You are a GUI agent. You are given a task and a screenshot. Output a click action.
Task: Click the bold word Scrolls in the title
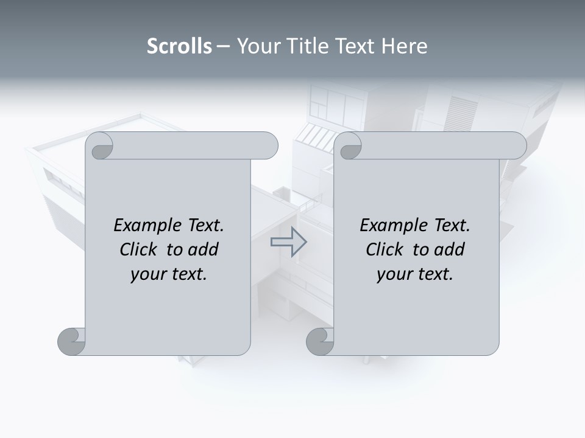179,46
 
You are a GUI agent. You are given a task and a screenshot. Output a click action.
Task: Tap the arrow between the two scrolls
288,242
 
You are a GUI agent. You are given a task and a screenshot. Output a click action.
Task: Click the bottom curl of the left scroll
71,341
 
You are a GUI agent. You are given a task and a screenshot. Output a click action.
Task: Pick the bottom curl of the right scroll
320,341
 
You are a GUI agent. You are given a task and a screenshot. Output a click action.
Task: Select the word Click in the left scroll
140,249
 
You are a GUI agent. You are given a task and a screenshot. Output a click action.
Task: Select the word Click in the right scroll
386,249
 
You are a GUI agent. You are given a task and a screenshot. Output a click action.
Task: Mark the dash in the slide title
224,47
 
